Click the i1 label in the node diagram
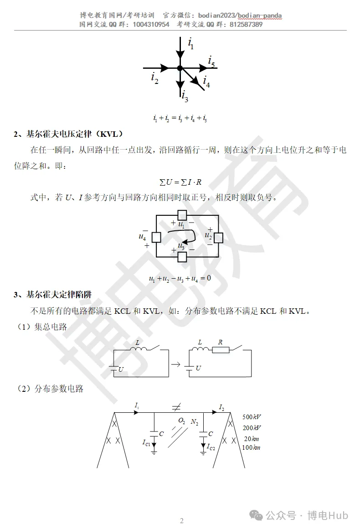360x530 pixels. click(x=191, y=43)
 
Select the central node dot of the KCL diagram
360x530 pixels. click(x=180, y=68)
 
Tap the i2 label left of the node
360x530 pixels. click(x=155, y=78)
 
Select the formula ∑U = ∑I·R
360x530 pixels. click(x=180, y=182)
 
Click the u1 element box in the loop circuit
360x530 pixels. click(x=182, y=215)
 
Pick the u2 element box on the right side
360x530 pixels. click(x=219, y=237)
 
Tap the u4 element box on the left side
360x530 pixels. click(x=156, y=237)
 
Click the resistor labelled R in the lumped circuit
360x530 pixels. click(x=221, y=350)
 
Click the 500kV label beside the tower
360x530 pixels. click(x=252, y=417)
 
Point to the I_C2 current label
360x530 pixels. click(x=211, y=447)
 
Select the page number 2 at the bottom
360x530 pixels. click(x=181, y=521)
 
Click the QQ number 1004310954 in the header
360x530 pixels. click(x=151, y=25)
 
